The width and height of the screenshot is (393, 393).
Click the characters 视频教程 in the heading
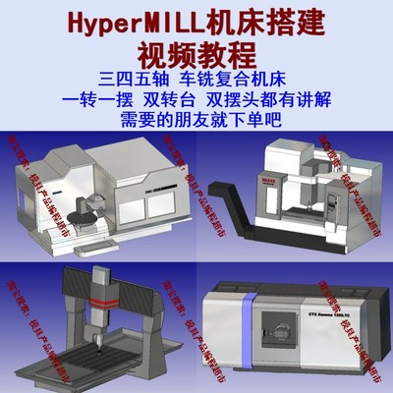tap(196, 52)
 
